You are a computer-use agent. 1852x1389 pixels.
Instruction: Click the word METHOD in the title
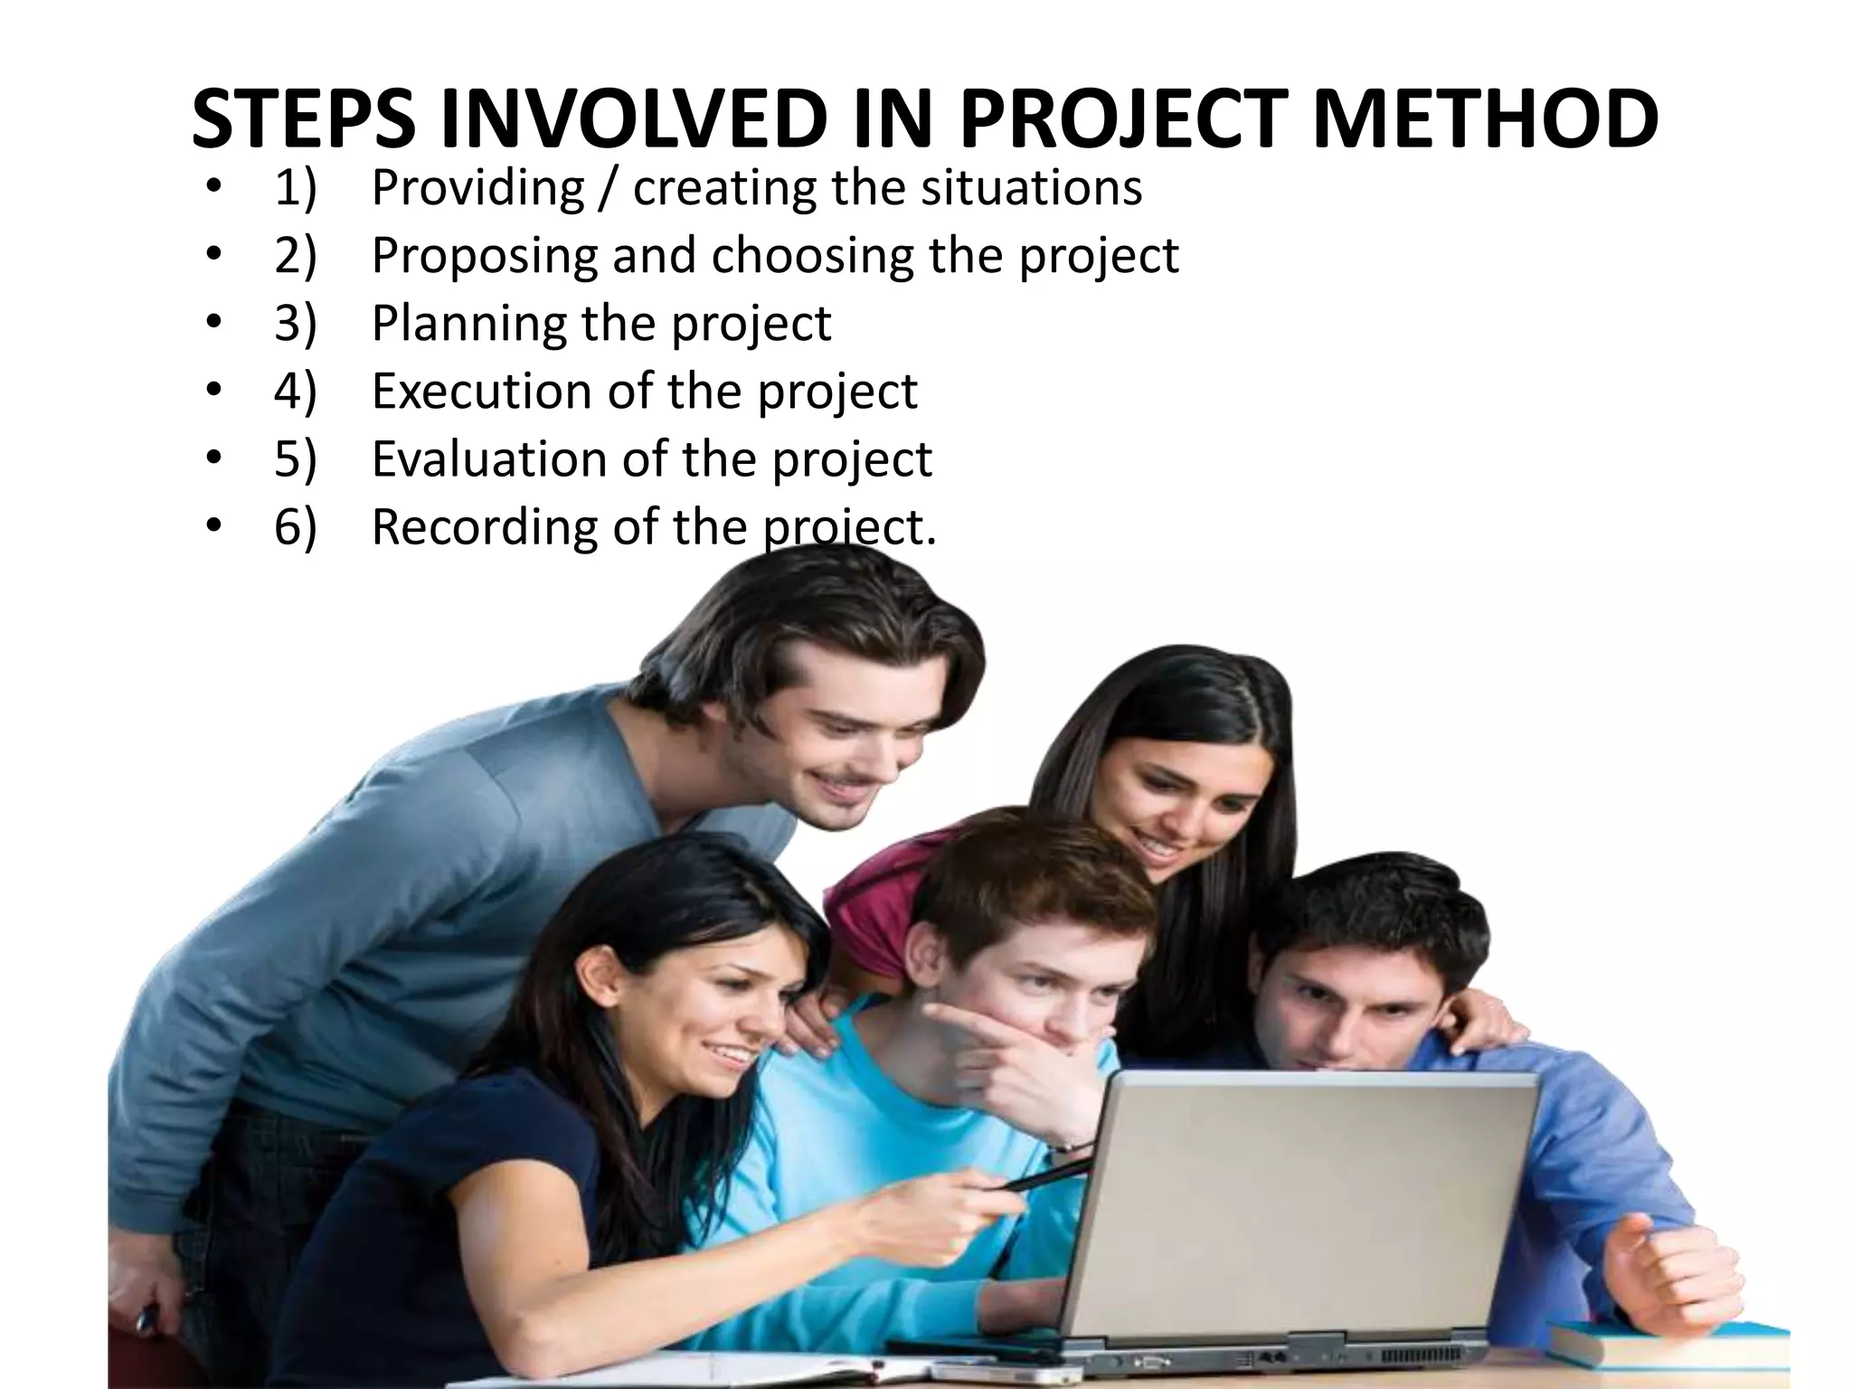1485,119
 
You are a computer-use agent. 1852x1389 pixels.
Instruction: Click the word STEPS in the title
304,119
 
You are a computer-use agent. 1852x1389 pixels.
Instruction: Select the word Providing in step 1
477,188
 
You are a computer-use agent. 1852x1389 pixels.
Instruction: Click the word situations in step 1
1031,188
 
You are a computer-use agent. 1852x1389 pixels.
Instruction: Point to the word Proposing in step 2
485,256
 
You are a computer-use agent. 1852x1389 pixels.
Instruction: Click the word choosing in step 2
812,256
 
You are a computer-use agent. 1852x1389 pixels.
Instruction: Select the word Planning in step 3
468,324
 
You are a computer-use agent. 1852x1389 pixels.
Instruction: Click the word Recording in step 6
484,527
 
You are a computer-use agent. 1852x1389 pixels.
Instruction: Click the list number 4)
296,392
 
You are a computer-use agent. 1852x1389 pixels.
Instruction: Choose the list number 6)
296,527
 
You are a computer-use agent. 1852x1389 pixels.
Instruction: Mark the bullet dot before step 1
213,188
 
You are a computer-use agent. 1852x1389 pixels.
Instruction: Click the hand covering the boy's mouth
1013,1049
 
